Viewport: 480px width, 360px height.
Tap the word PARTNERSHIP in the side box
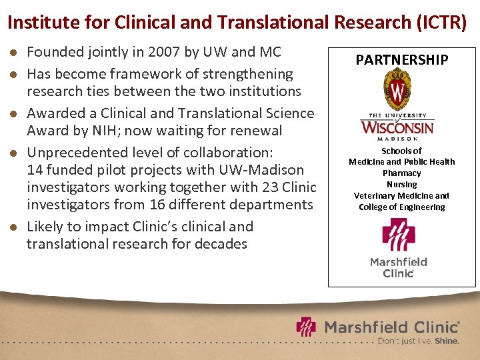pyautogui.click(x=401, y=60)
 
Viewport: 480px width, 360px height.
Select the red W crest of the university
pyautogui.click(x=398, y=93)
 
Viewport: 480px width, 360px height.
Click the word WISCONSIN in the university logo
pyautogui.click(x=397, y=127)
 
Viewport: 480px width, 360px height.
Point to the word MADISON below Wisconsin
pyautogui.click(x=398, y=139)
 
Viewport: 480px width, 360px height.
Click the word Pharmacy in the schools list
pyautogui.click(x=401, y=173)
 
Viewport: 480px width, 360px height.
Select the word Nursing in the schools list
pyautogui.click(x=401, y=184)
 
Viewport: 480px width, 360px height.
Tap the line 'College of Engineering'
pyautogui.click(x=401, y=207)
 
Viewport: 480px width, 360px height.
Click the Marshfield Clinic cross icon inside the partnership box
pyautogui.click(x=398, y=235)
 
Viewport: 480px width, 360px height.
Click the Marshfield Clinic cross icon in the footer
pyautogui.click(x=307, y=327)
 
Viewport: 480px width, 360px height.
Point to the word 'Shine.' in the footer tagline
pyautogui.click(x=447, y=341)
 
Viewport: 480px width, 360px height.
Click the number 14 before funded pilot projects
pyautogui.click(x=34, y=170)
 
